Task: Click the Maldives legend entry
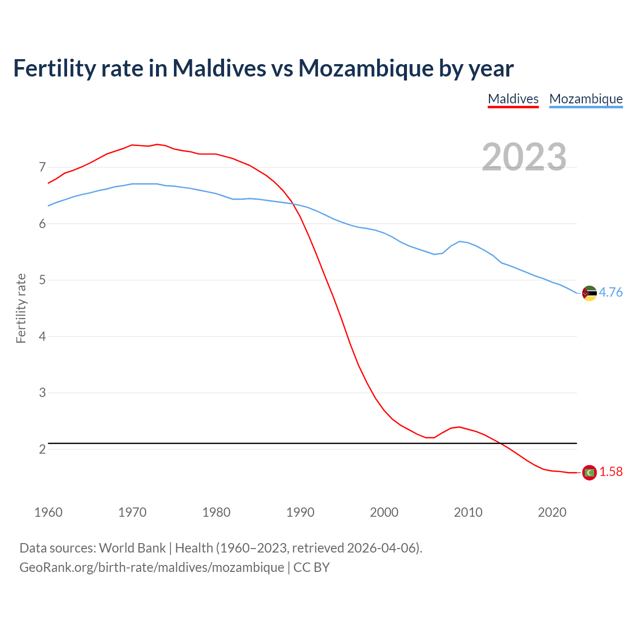click(x=513, y=99)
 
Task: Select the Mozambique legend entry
click(x=586, y=99)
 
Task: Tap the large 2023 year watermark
click(x=524, y=157)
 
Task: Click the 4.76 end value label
click(x=611, y=292)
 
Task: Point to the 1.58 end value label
click(x=611, y=472)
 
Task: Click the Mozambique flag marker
click(x=589, y=293)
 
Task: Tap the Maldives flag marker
click(x=589, y=473)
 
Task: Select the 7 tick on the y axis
click(x=42, y=167)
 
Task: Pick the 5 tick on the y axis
click(x=42, y=280)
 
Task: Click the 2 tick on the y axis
click(x=42, y=449)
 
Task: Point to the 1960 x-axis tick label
click(x=48, y=512)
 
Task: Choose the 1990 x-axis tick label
click(x=300, y=512)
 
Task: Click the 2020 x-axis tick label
click(x=552, y=512)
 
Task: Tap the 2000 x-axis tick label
click(x=384, y=512)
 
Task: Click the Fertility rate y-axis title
click(x=21, y=308)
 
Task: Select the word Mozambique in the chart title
click(x=365, y=68)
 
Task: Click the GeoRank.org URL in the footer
click(x=152, y=567)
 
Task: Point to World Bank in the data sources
click(x=132, y=548)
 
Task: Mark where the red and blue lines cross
click(x=294, y=204)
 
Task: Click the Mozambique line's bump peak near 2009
click(x=460, y=241)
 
